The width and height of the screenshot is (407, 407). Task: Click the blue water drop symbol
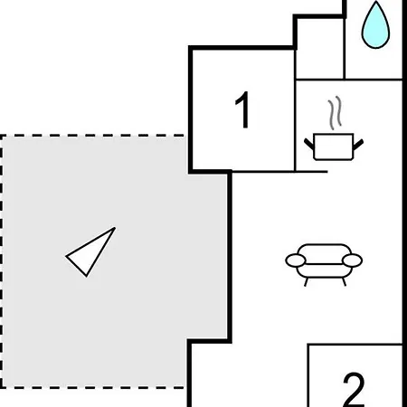click(375, 25)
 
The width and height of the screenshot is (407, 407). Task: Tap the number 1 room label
click(242, 109)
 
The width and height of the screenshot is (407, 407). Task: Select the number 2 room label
click(354, 390)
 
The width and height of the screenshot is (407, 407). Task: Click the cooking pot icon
click(334, 147)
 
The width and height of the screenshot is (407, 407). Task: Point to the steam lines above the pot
click(335, 113)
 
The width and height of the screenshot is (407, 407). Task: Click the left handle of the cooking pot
click(309, 144)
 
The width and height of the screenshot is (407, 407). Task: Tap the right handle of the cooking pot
click(358, 145)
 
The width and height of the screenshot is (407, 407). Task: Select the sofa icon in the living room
click(324, 264)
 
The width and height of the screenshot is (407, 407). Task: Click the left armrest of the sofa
click(296, 260)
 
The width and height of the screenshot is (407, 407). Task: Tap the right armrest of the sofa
click(352, 260)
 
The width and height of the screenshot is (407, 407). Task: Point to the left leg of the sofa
click(306, 282)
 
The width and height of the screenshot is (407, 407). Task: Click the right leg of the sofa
click(344, 282)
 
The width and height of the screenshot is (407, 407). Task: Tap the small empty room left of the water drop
click(319, 48)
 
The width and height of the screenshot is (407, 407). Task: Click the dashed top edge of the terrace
click(92, 136)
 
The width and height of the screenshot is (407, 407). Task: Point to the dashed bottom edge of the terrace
click(92, 387)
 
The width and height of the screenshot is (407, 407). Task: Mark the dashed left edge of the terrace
click(1, 261)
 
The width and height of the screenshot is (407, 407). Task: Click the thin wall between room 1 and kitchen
click(295, 110)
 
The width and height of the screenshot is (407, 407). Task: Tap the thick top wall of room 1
click(242, 48)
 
